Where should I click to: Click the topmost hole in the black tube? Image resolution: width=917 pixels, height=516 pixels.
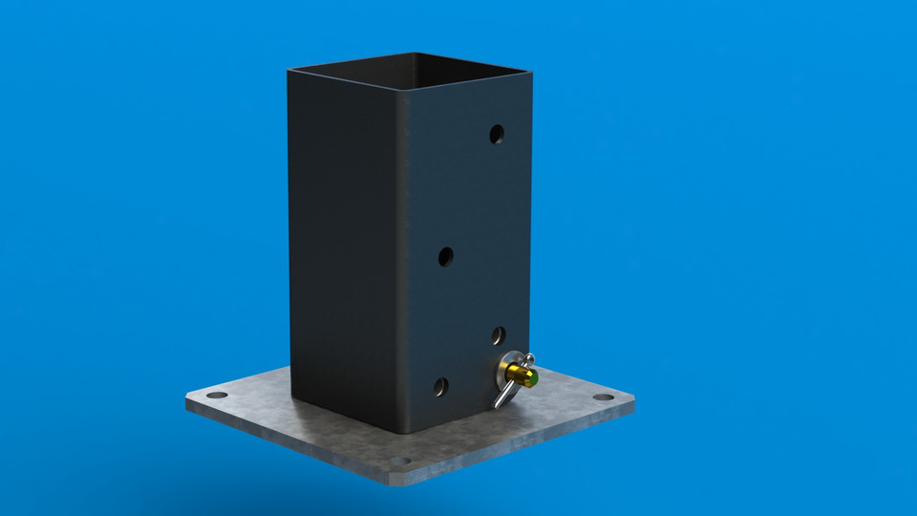coord(497,135)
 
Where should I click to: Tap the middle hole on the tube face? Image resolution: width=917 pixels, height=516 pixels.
coord(446,256)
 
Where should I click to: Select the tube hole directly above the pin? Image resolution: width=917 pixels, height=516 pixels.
coord(498,334)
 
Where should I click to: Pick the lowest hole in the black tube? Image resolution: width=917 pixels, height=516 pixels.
coord(440,387)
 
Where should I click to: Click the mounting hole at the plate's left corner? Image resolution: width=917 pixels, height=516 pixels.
coord(218,395)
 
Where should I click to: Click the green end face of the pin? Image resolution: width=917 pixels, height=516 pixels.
coord(530,379)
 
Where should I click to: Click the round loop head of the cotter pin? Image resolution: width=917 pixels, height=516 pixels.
coord(527,359)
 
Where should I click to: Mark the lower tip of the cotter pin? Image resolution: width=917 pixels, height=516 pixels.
coord(496,406)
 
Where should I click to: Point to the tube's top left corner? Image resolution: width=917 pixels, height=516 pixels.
coord(289,70)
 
